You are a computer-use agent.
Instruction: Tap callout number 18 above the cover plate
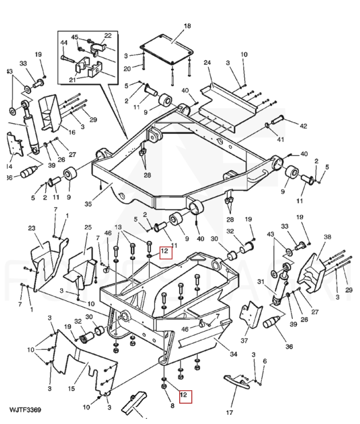pos(187,26)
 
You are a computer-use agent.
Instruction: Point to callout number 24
pos(207,62)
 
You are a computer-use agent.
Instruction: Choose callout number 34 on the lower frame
pos(234,354)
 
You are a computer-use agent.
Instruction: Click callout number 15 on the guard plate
pos(71,389)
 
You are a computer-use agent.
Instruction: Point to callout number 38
pos(327,237)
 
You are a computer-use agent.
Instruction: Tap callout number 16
pos(72,133)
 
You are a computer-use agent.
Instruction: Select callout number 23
pos(32,228)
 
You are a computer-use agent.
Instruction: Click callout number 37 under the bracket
pos(245,341)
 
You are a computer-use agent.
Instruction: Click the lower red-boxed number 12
pos(184,395)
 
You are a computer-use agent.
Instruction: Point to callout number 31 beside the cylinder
pos(260,281)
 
